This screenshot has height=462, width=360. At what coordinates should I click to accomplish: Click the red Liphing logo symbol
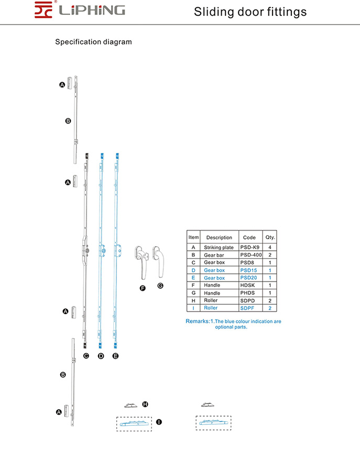point(44,9)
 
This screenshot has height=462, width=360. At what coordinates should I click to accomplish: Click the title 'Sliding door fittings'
point(250,12)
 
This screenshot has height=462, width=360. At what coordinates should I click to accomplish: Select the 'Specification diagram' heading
point(93,41)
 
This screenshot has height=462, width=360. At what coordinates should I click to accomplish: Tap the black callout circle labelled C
point(86,356)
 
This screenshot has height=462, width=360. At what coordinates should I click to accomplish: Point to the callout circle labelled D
point(101,356)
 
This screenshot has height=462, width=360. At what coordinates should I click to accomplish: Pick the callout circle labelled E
point(116,356)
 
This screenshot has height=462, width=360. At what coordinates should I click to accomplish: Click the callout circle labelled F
point(142,289)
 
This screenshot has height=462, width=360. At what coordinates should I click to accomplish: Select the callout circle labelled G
point(160,285)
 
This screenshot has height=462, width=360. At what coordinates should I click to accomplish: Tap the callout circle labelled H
point(145,404)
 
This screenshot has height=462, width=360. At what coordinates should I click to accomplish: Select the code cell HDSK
point(249,285)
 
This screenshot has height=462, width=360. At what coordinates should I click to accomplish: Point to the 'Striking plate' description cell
point(219,247)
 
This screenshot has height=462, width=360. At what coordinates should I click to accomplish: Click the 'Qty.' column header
point(270,237)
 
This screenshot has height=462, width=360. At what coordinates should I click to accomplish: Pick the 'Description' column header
point(219,237)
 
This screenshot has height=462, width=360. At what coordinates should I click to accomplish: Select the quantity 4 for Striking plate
point(270,247)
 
